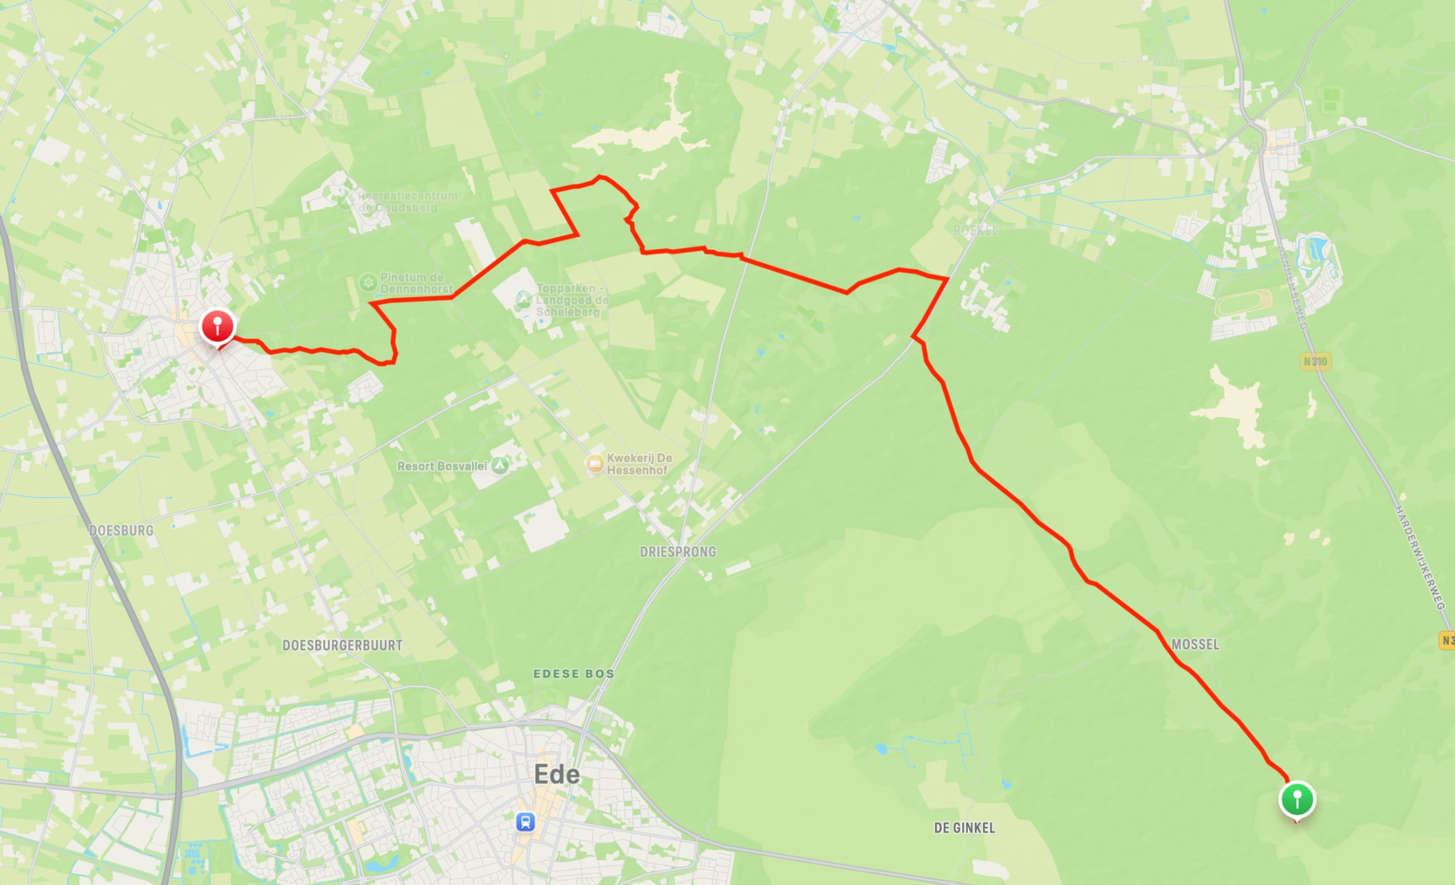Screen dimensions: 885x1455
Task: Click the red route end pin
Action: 217,326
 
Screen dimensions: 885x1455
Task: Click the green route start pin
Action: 1297,800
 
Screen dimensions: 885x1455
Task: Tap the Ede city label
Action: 557,774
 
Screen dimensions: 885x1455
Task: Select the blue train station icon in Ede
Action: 526,822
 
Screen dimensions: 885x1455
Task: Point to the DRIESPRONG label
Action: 678,552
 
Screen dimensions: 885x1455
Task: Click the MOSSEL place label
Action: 1195,644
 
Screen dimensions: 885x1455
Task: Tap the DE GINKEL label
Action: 964,828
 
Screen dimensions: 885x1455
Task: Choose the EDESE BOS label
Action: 574,674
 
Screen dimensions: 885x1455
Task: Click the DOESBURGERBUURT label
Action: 342,645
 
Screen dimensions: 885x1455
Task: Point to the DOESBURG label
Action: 121,530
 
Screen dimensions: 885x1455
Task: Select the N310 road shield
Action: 1315,362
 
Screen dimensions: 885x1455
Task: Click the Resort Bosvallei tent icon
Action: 500,466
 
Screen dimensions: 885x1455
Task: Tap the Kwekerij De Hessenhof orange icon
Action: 595,464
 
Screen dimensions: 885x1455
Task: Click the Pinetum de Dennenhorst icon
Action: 368,283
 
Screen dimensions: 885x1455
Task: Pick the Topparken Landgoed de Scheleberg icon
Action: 523,300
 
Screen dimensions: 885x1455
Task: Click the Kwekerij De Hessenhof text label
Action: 639,464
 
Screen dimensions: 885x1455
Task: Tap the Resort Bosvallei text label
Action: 442,467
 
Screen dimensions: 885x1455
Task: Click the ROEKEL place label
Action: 975,231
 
